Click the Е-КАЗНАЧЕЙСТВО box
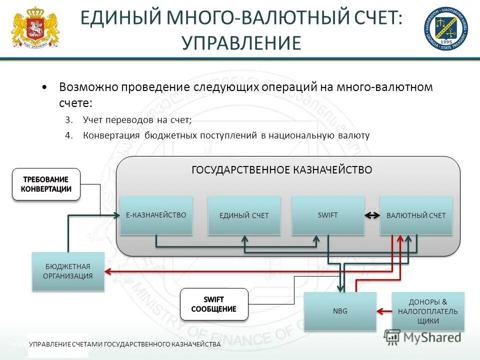point(156,215)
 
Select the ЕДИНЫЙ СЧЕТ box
point(244,215)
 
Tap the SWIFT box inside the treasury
point(328,215)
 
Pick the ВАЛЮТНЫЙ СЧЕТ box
point(416,215)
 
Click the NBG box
point(340,311)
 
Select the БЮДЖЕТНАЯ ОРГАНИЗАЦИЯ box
point(68,271)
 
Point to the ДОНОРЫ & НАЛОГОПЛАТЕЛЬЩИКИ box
point(428,311)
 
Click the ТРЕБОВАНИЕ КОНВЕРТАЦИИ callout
point(46,184)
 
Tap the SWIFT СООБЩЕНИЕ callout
point(213,304)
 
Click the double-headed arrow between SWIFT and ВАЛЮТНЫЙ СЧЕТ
point(372,215)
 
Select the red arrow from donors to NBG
point(384,311)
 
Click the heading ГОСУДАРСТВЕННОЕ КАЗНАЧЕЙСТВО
point(282,170)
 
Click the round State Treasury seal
point(446,29)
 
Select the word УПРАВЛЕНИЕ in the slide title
point(241,43)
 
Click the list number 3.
point(68,120)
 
